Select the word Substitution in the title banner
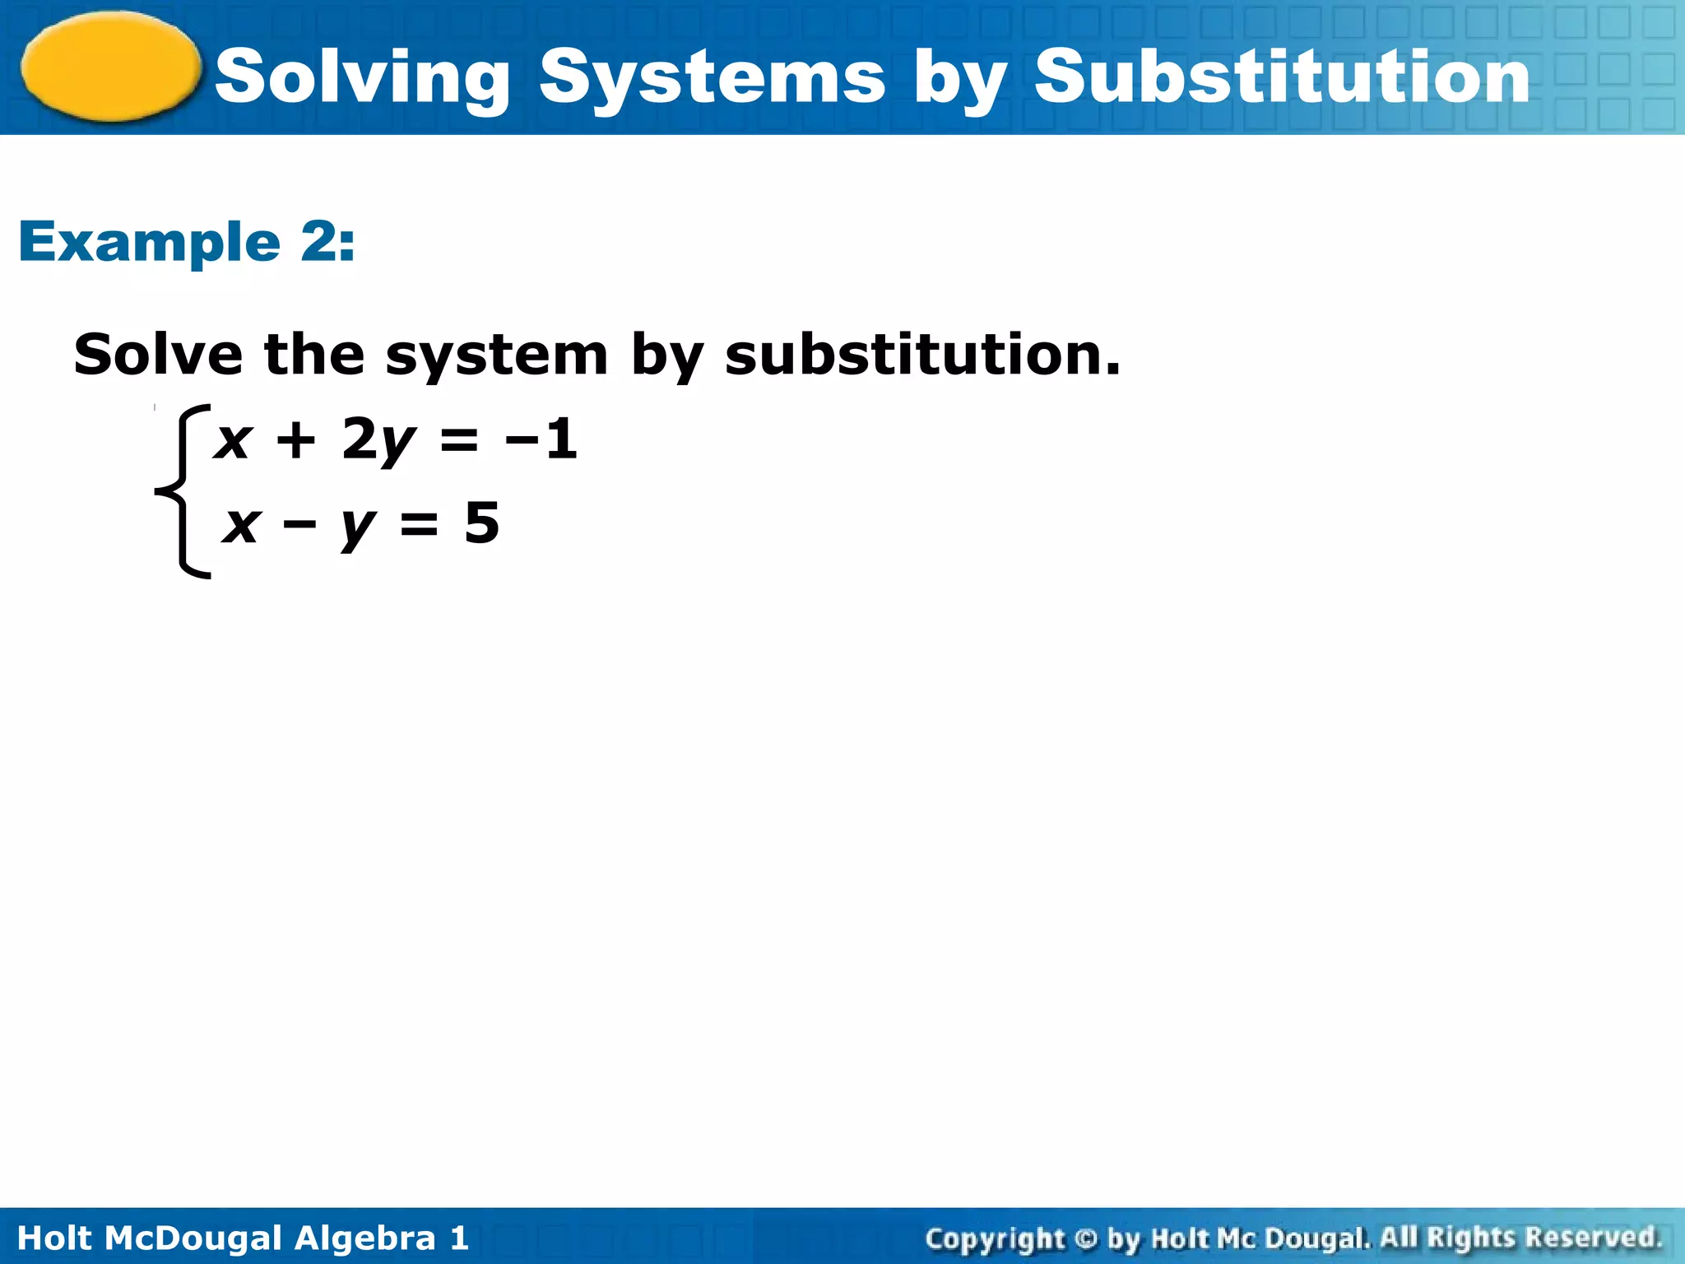click(1281, 77)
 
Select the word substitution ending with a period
click(921, 355)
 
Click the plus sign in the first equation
click(296, 439)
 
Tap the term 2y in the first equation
click(377, 440)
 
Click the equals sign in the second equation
click(420, 523)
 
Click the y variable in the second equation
click(358, 527)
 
